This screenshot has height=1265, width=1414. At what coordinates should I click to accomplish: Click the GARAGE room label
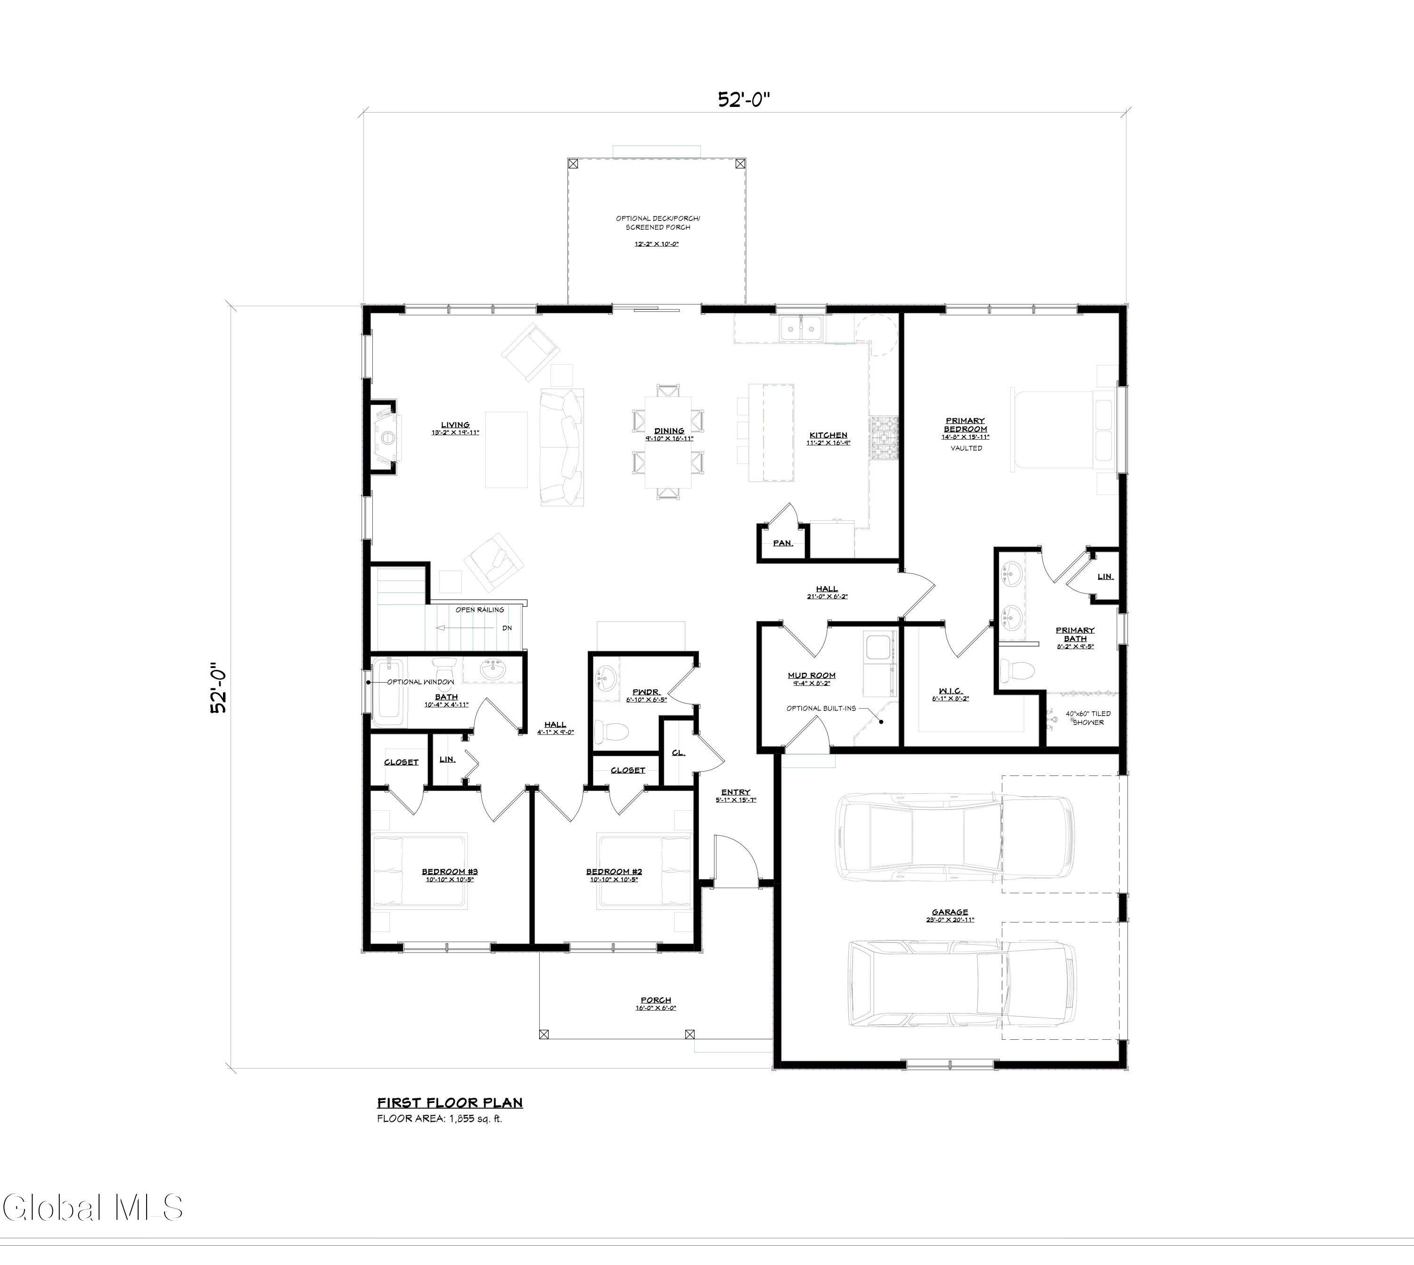coord(950,912)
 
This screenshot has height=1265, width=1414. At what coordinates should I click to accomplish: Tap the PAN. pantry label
coord(783,543)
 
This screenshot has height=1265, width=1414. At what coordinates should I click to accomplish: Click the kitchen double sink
coord(801,327)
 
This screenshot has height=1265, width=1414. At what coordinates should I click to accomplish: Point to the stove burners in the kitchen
coord(884,438)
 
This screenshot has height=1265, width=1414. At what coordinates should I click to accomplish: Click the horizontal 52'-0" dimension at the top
coord(744,100)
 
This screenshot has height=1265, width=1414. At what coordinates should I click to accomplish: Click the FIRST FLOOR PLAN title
coord(450,1102)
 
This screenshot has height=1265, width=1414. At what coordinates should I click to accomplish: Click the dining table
coord(668,442)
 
